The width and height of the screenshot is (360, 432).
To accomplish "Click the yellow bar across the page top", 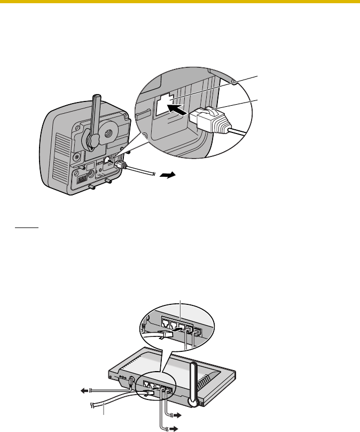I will coord(180,2).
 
